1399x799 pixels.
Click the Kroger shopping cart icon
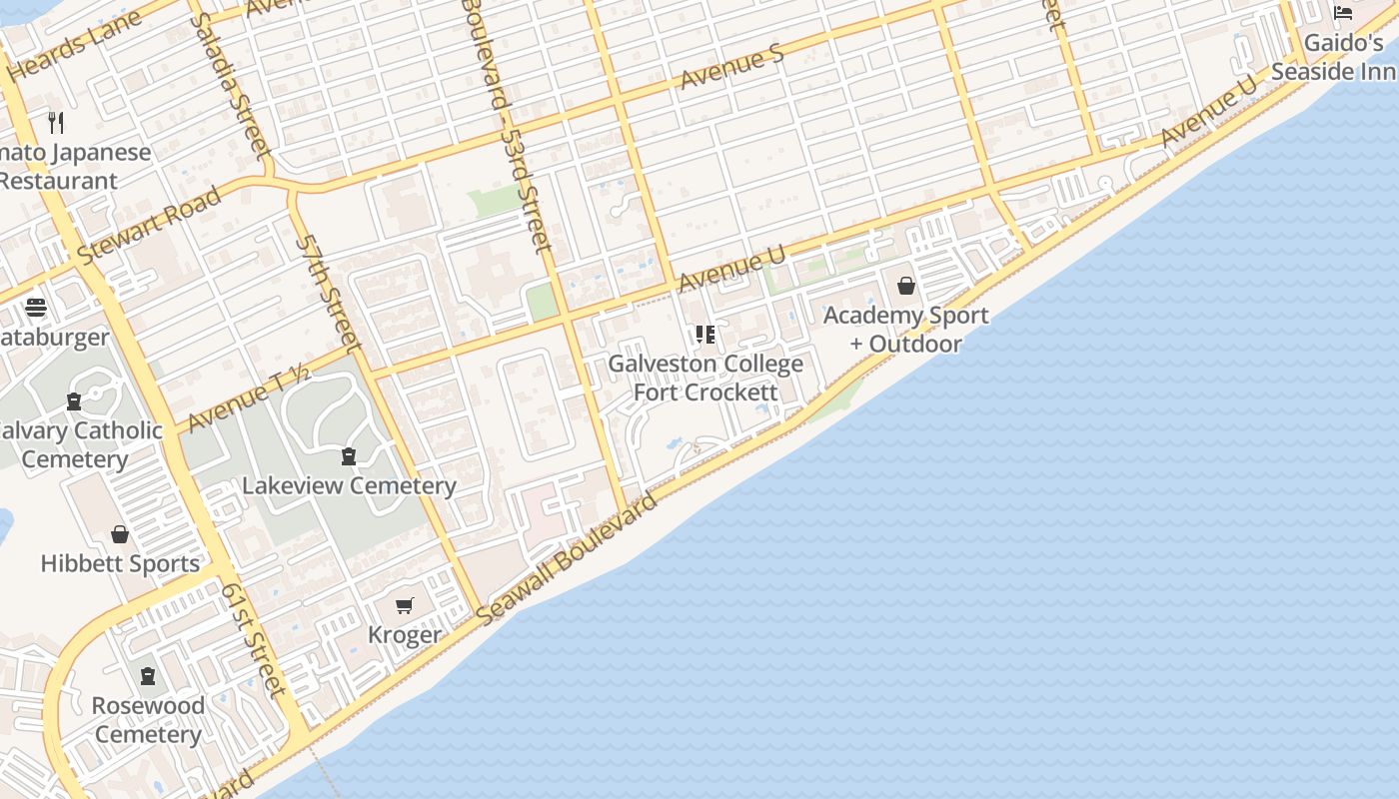[x=405, y=605]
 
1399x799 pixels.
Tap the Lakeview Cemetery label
[x=349, y=486]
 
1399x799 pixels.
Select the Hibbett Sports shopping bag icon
[x=120, y=534]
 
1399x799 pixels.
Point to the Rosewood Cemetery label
[x=149, y=720]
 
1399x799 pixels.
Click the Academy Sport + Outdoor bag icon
[x=906, y=287]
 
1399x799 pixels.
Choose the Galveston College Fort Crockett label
[x=705, y=379]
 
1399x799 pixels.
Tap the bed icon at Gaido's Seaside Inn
[x=1343, y=13]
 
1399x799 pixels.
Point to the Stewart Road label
[x=150, y=225]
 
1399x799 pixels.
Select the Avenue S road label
[x=732, y=67]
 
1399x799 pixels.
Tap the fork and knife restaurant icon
[x=56, y=123]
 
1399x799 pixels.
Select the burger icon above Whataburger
[x=36, y=308]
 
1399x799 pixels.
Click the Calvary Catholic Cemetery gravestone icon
[x=73, y=401]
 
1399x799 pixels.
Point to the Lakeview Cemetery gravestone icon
[x=349, y=456]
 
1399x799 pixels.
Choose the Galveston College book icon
[x=705, y=334]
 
